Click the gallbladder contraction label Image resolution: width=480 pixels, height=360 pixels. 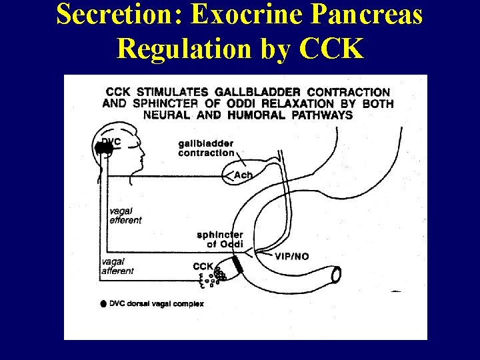(206, 148)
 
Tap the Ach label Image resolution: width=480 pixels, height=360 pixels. (243, 175)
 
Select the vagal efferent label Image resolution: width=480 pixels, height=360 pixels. (125, 215)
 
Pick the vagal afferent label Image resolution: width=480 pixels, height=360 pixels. (118, 267)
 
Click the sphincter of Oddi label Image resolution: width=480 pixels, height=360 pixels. (221, 239)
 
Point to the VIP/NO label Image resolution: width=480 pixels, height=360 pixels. (292, 256)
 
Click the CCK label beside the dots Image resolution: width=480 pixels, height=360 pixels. (203, 267)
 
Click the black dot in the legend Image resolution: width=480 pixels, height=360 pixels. (103, 303)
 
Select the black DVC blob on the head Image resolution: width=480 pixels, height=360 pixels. (104, 149)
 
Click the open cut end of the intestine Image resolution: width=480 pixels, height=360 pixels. (337, 273)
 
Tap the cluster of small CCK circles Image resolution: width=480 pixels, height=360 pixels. (217, 275)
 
